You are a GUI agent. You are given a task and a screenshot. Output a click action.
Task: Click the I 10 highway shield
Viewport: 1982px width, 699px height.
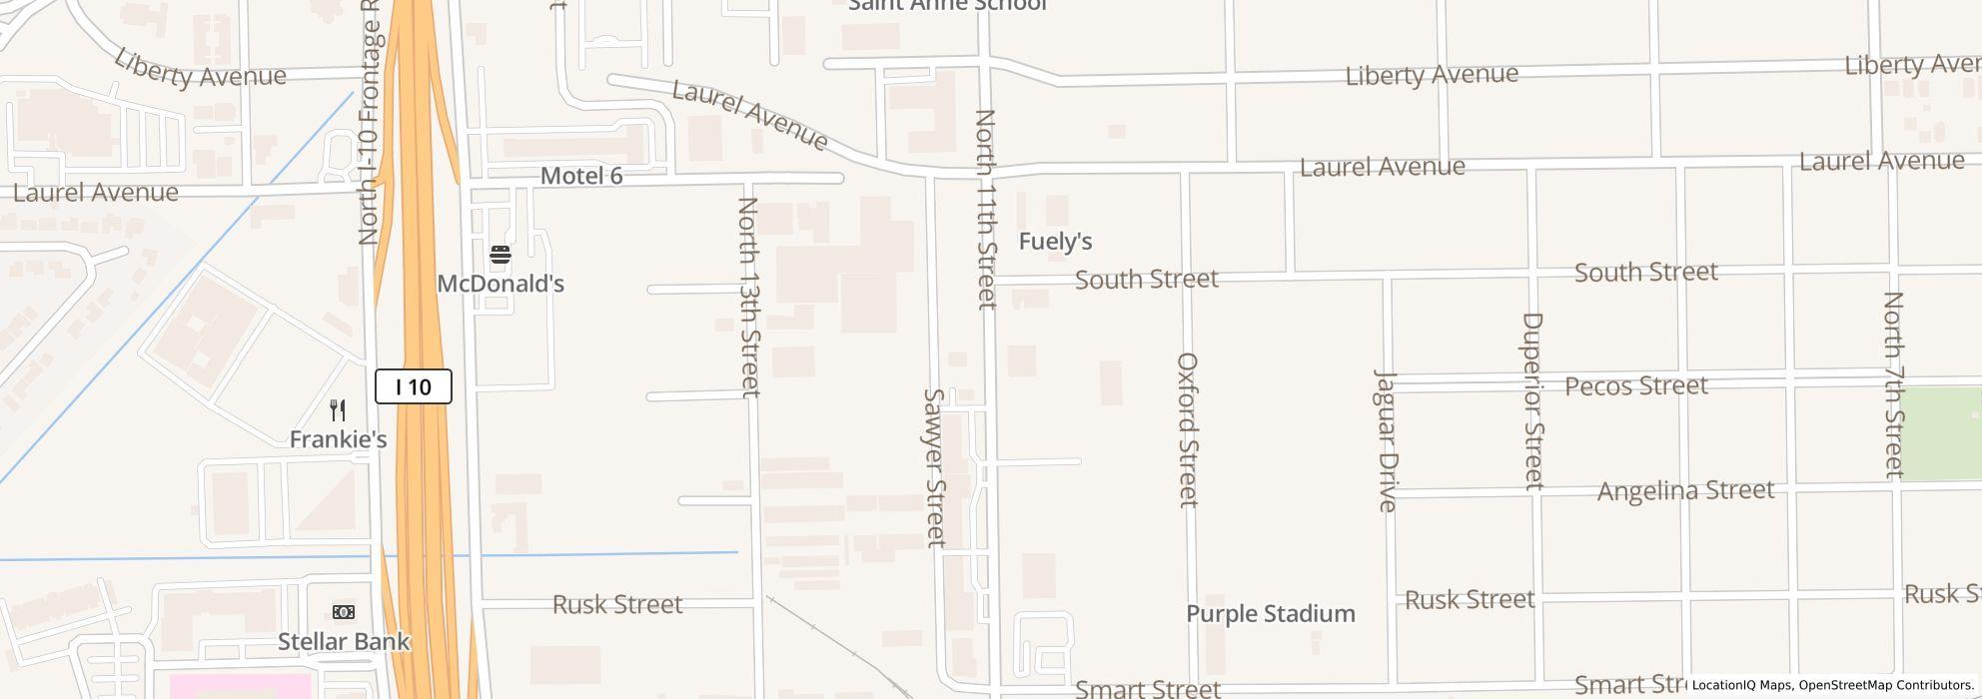pos(413,386)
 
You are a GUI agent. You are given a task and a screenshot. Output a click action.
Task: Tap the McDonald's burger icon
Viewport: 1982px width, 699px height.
pos(500,255)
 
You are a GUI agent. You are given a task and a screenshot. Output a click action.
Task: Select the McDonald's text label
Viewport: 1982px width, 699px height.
pos(500,284)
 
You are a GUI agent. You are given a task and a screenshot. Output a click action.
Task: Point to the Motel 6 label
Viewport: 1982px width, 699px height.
pos(581,176)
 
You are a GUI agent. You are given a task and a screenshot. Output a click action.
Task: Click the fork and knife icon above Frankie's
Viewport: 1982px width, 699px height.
pos(338,410)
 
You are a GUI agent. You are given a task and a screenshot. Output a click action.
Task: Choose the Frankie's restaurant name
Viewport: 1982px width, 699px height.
pos(338,439)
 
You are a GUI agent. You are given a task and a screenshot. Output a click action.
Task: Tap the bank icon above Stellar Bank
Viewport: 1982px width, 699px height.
pos(344,612)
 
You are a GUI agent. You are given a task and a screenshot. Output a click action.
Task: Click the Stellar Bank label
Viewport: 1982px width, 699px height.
pos(344,641)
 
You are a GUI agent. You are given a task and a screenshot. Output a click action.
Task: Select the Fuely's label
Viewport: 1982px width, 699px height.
pos(1055,241)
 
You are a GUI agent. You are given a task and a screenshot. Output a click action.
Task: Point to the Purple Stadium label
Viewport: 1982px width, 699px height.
pos(1270,613)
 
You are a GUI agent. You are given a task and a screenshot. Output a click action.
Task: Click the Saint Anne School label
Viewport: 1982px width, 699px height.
pos(947,5)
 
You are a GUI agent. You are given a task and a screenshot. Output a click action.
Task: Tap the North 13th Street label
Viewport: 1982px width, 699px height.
pos(749,297)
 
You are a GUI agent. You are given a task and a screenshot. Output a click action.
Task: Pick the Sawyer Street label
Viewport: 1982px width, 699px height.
pos(934,467)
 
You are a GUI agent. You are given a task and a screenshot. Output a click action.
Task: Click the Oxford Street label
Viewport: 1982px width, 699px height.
pos(1187,429)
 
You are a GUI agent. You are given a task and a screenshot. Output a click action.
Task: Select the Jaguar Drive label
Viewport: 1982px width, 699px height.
pos(1386,440)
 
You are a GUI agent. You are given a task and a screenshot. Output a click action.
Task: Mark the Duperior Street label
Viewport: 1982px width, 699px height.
pos(1532,400)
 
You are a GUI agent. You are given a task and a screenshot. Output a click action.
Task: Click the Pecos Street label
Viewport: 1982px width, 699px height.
pos(1635,385)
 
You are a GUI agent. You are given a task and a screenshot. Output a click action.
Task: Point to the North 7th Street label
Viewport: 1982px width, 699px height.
pos(1893,384)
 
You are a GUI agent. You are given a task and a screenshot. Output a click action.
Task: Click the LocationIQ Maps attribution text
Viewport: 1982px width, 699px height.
pos(1742,685)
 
